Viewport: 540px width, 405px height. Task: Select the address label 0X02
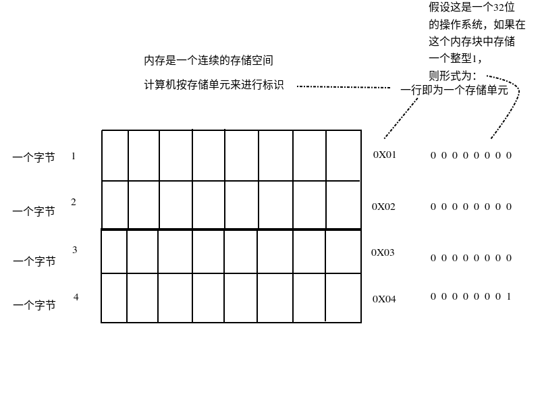(x=383, y=207)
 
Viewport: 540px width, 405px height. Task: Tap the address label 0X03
(x=383, y=252)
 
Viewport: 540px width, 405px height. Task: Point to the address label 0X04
(x=384, y=298)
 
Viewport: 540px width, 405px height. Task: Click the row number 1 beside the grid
(x=74, y=156)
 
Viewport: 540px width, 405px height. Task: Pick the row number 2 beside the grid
(x=74, y=202)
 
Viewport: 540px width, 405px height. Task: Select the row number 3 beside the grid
(x=75, y=250)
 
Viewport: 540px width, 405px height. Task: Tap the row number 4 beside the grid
(x=76, y=296)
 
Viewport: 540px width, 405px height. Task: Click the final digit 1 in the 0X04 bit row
(x=508, y=296)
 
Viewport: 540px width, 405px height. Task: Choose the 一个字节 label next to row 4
(x=34, y=306)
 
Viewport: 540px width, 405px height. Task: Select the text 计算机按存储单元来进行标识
(x=214, y=86)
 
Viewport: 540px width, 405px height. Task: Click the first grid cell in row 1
(x=115, y=155)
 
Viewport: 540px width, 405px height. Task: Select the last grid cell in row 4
(x=343, y=298)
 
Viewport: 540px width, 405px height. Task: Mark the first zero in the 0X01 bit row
(x=433, y=156)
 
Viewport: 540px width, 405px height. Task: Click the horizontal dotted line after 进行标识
(x=344, y=87)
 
